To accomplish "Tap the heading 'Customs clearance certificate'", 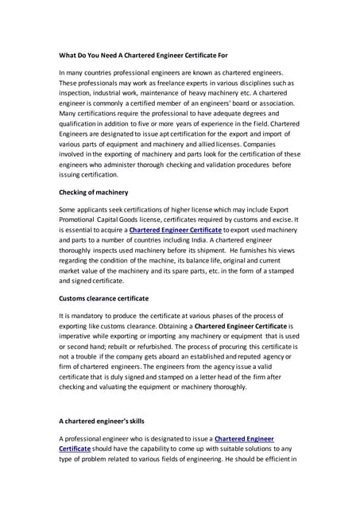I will point(104,298).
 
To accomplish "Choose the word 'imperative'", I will point(81,337).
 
